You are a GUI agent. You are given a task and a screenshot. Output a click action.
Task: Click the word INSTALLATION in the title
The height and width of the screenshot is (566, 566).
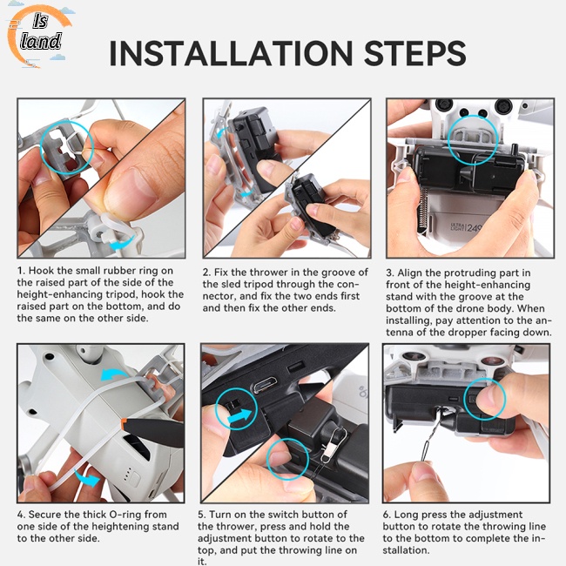231,53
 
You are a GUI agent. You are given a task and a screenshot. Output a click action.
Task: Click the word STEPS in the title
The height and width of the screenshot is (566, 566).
414,53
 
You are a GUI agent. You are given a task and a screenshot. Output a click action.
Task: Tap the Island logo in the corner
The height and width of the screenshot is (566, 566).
38,36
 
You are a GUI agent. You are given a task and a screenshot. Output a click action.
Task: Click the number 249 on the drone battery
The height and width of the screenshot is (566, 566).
474,227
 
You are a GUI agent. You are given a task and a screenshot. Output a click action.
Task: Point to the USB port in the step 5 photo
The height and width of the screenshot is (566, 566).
266,385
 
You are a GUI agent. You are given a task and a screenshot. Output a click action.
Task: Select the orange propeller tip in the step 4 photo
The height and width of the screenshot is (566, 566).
124,423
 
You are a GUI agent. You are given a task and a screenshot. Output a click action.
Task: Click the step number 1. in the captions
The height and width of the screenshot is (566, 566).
21,271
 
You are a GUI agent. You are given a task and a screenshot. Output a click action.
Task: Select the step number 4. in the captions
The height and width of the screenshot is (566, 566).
21,515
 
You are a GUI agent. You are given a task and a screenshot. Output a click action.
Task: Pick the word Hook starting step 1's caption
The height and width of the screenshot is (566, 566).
40,271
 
